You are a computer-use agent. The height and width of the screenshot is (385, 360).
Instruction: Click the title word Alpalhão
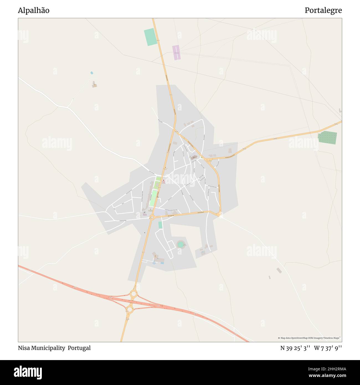(34, 11)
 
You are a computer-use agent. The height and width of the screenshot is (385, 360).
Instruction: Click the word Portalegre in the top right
(323, 11)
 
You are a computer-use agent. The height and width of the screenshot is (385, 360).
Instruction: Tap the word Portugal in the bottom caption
(79, 348)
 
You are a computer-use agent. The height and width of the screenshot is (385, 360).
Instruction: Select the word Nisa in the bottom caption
(24, 348)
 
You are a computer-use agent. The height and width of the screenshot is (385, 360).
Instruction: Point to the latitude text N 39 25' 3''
(295, 348)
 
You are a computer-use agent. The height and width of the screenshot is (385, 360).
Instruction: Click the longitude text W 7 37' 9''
(328, 348)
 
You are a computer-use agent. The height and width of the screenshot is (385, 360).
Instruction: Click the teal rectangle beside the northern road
(150, 37)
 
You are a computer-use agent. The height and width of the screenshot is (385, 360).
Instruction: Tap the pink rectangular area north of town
(176, 52)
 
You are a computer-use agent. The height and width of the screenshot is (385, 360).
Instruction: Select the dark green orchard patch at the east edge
(328, 138)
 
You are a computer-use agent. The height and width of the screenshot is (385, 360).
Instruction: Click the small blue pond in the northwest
(92, 73)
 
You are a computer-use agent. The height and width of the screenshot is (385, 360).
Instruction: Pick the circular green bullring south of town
(181, 245)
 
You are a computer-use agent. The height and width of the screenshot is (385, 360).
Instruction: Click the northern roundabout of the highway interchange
(133, 294)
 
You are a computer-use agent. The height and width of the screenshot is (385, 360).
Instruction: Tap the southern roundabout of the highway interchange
(130, 309)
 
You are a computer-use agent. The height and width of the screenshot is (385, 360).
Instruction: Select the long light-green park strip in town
(153, 198)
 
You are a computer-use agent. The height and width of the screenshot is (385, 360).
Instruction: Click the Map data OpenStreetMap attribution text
(309, 338)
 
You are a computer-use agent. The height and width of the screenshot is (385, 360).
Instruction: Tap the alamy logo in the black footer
(28, 372)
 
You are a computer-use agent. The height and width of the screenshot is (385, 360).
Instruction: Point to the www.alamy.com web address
(327, 376)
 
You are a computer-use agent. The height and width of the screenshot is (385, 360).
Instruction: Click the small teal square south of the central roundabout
(160, 225)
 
